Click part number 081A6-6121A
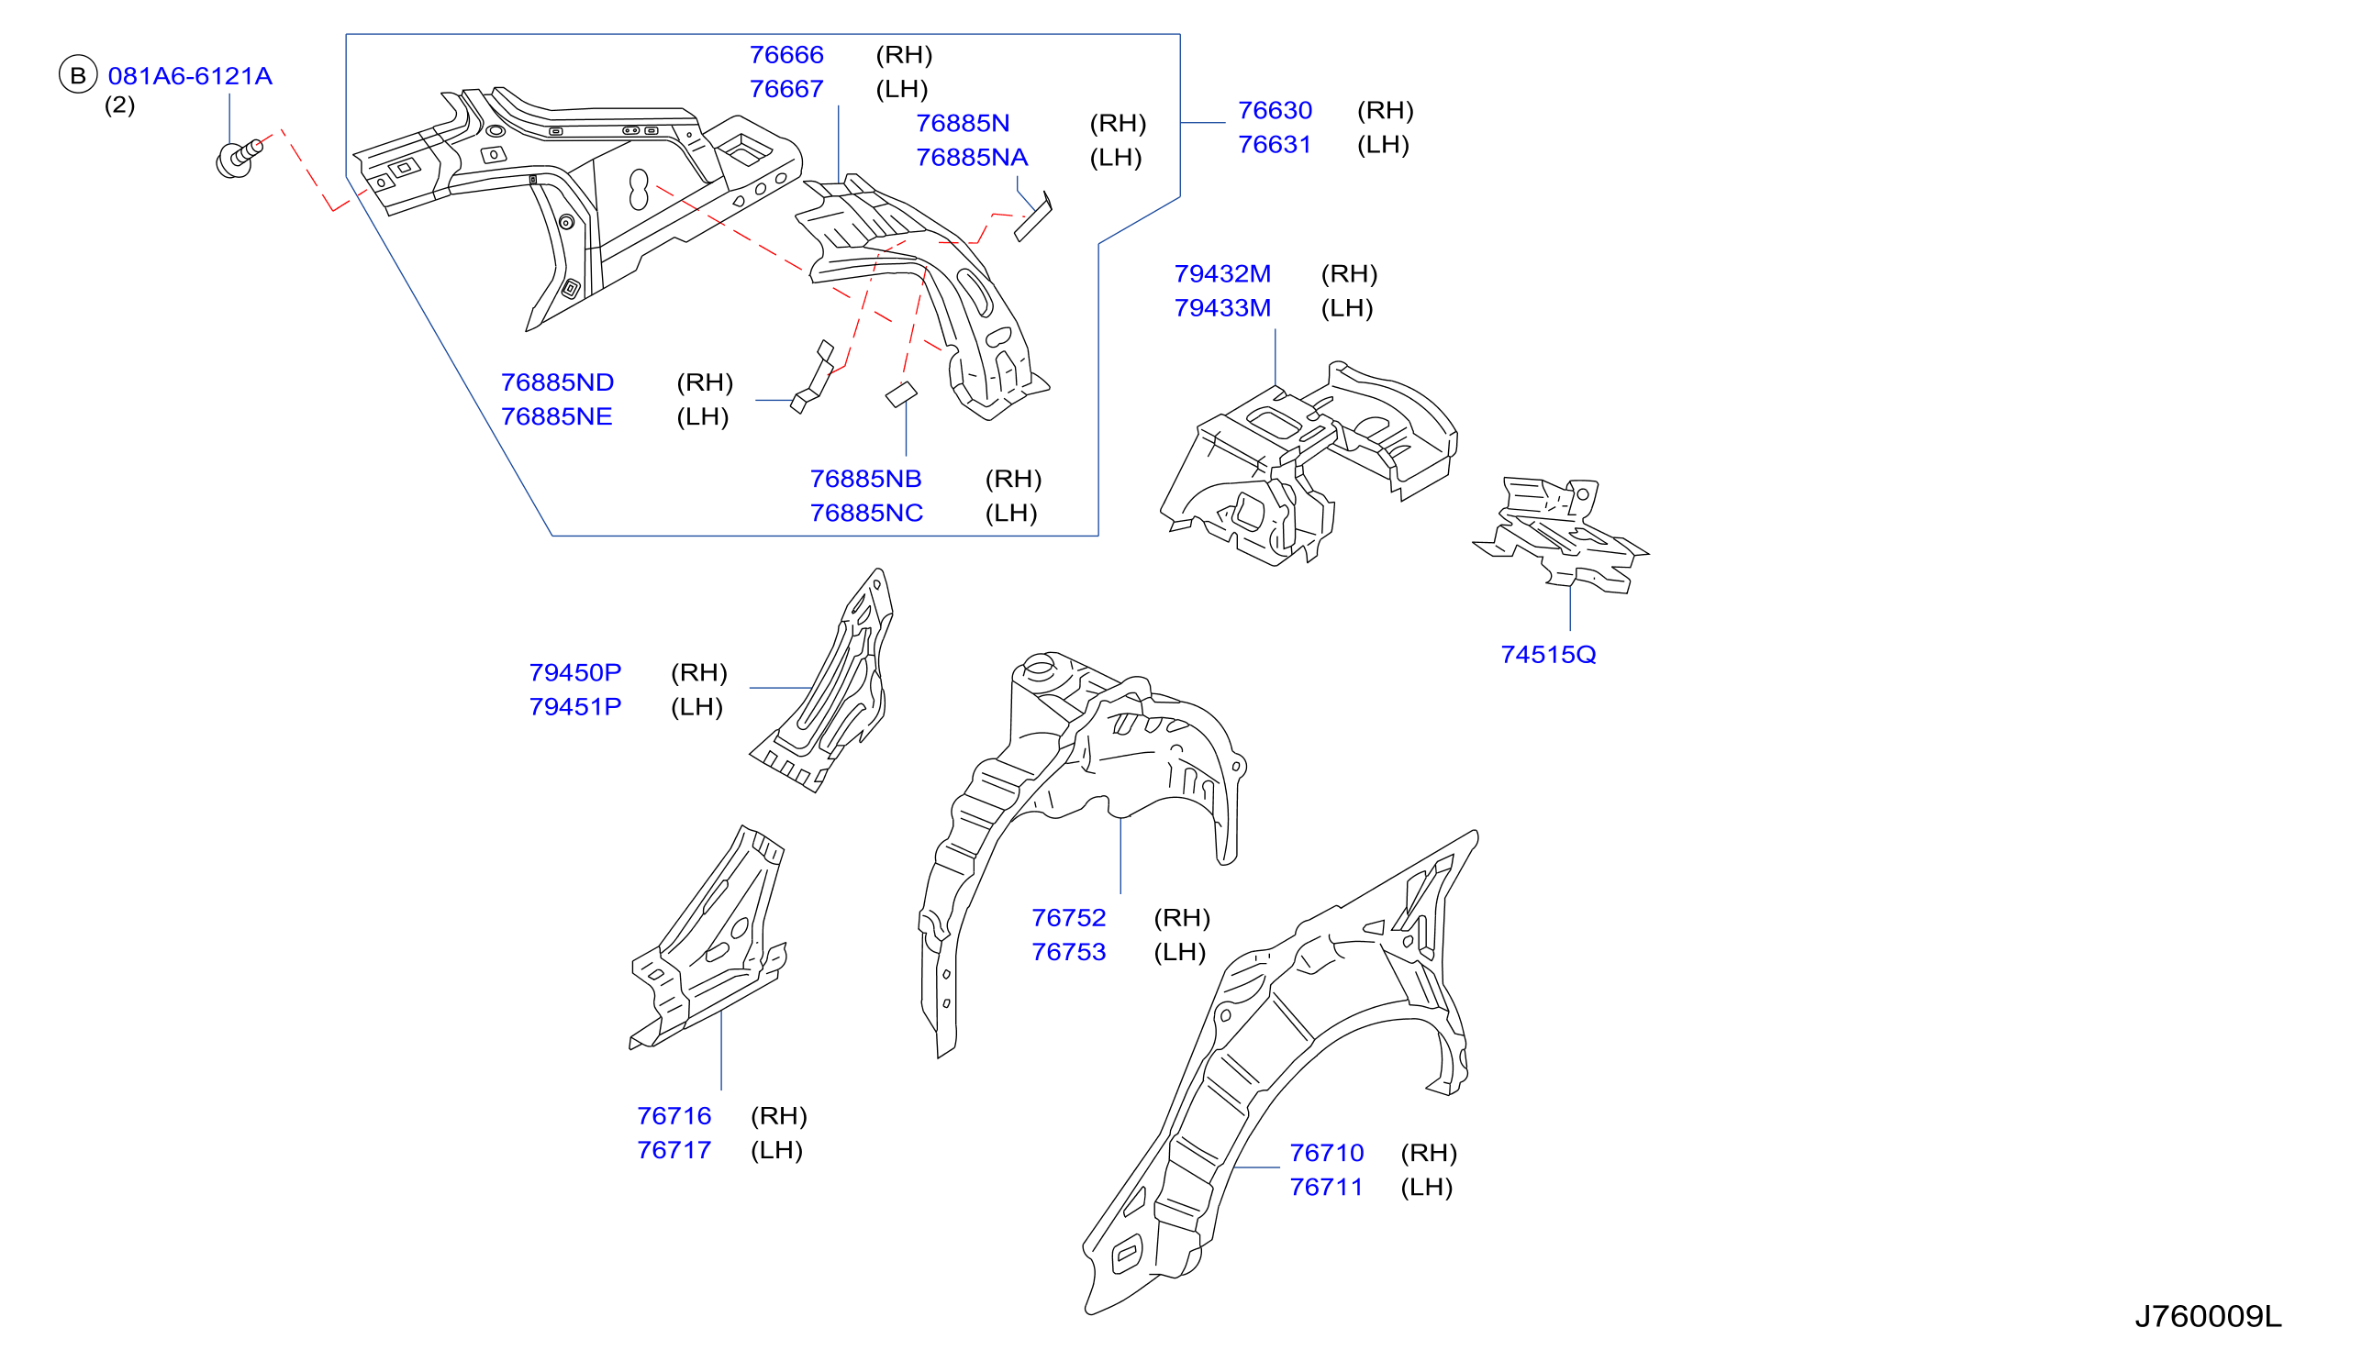tap(190, 76)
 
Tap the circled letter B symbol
tap(79, 75)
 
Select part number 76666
tap(786, 54)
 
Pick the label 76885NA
tap(972, 157)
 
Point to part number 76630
tap(1275, 110)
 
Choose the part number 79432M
tap(1222, 274)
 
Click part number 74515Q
tap(1548, 654)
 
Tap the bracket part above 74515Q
tap(1561, 536)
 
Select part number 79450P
tap(575, 672)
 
